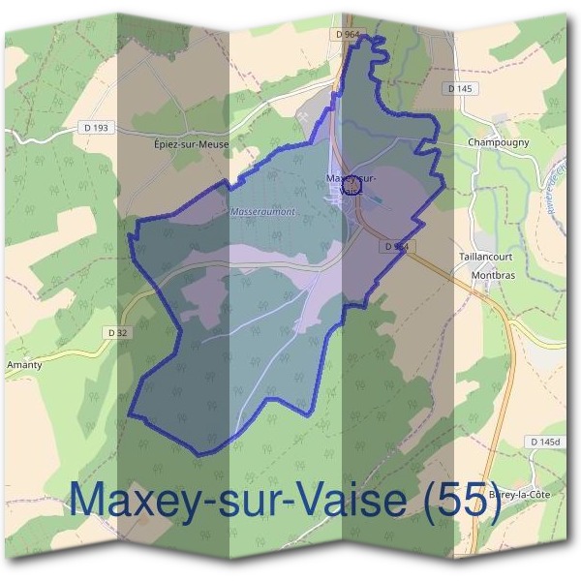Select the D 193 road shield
point(99,128)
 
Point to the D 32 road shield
point(118,332)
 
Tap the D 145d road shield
point(546,442)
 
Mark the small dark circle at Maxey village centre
point(352,185)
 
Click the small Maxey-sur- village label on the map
point(352,178)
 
